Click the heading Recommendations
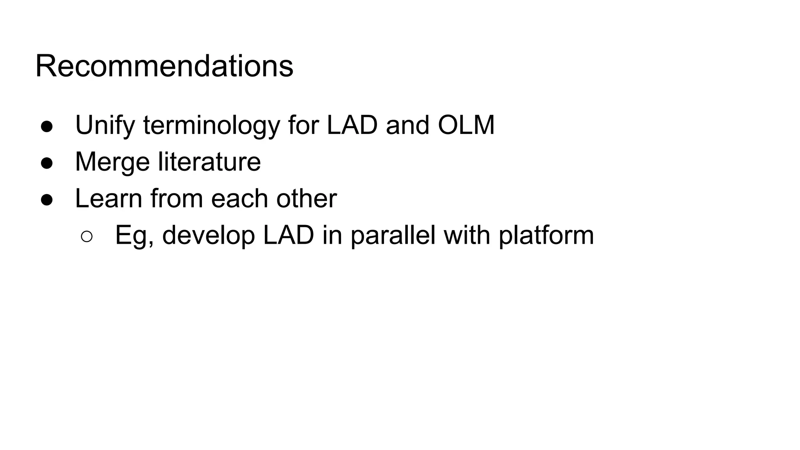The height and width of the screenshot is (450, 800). [x=164, y=66]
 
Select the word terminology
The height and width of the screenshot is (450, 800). [x=211, y=126]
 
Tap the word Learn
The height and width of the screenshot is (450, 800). [x=109, y=198]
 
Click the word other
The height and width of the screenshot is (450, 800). [x=307, y=198]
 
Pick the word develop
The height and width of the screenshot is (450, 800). [x=209, y=236]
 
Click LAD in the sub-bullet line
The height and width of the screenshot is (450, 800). [x=289, y=235]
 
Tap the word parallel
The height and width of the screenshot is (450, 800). [x=393, y=235]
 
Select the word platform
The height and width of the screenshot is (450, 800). [x=546, y=235]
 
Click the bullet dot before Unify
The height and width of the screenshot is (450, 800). [x=47, y=127]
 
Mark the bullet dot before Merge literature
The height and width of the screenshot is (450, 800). [x=47, y=163]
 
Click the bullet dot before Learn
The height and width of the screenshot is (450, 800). [x=47, y=200]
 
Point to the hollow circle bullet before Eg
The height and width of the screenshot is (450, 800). [x=87, y=236]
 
